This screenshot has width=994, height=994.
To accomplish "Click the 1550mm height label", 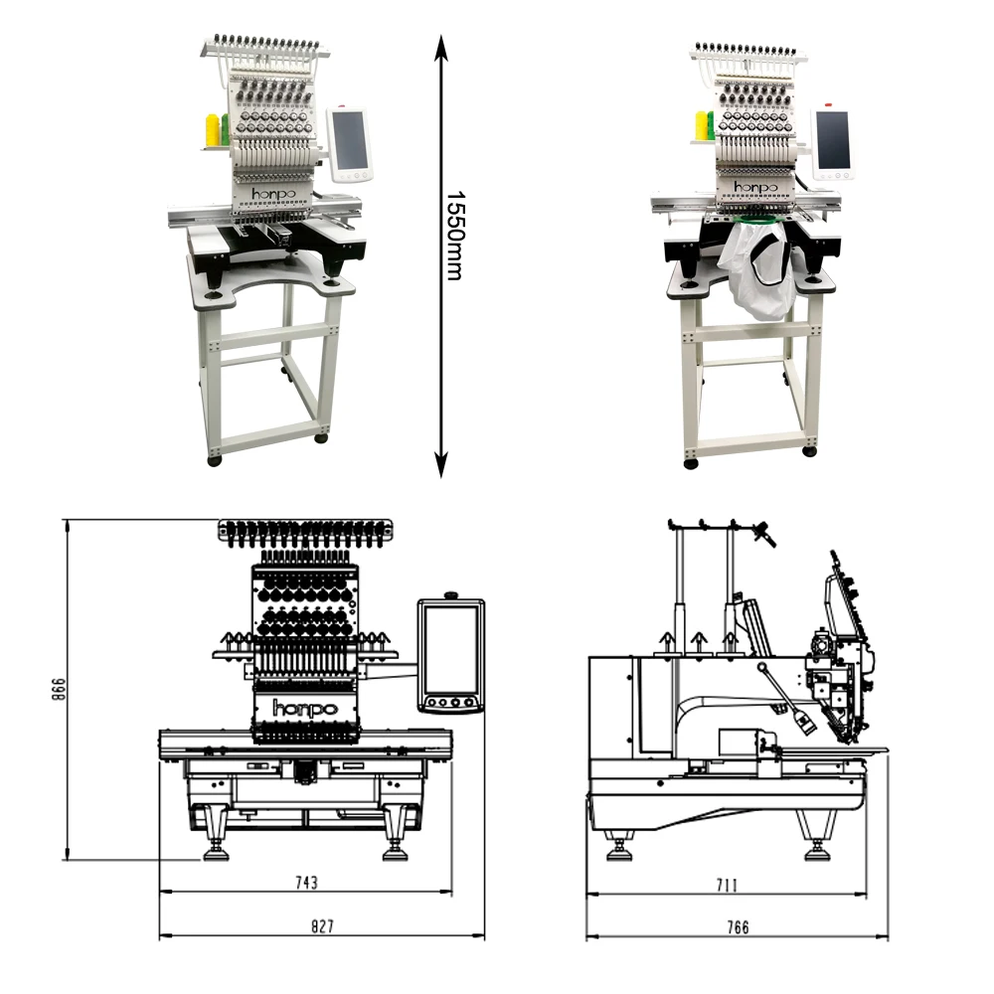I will (x=453, y=235).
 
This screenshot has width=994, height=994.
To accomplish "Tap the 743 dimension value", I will (x=306, y=882).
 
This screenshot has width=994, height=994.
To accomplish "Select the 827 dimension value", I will (x=322, y=926).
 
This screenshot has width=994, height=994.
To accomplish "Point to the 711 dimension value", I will (x=727, y=883).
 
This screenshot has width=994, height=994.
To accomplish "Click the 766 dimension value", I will (x=737, y=927).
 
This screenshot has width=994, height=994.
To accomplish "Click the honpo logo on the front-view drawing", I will (x=305, y=709).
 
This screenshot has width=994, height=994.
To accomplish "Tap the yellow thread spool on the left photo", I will (x=212, y=131).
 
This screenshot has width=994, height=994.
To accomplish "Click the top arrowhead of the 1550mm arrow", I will (x=441, y=42).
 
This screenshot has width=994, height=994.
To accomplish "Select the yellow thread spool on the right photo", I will (x=702, y=124).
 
